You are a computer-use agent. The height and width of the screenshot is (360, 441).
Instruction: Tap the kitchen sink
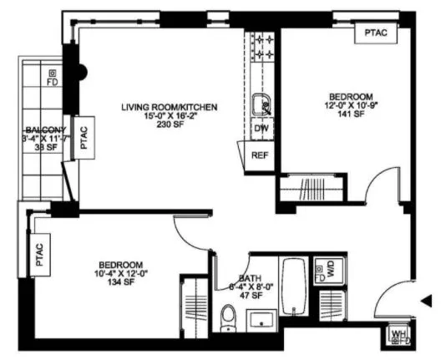[x=261, y=105]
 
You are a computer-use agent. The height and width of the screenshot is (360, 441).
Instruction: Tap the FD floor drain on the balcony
[x=53, y=78]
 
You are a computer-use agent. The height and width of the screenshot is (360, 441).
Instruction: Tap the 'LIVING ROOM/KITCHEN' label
[x=169, y=108]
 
